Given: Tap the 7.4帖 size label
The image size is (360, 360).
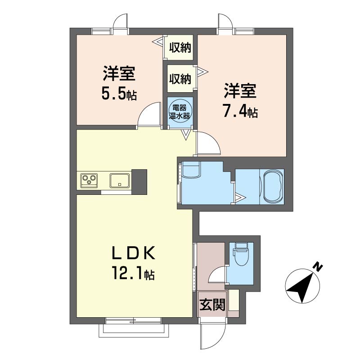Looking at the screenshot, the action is coord(241,112).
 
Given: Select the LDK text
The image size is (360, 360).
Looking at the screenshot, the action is coord(134,253).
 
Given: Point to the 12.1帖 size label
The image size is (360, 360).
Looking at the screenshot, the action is coord(133,273).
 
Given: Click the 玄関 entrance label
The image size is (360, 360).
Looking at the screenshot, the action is coord(212,305).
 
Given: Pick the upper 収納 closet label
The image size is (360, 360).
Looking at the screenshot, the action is coord(180,48).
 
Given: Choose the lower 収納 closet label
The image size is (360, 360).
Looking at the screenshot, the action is coord(180,79).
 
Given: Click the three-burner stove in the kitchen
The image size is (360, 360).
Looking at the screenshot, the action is coord(89,180).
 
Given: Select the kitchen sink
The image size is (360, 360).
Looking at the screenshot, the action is coord(119,180).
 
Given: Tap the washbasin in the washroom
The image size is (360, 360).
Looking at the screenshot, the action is coord(190,170).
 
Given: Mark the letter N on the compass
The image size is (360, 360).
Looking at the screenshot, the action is coord(318,266).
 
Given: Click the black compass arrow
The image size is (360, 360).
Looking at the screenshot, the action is coord(301,288).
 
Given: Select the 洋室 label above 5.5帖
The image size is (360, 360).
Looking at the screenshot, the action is coord(119,73).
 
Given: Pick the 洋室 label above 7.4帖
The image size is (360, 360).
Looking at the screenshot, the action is coord(240,91).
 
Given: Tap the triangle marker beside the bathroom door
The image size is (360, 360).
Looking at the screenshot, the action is coord(241,198).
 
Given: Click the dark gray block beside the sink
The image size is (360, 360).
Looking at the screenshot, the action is coord(139,182).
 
